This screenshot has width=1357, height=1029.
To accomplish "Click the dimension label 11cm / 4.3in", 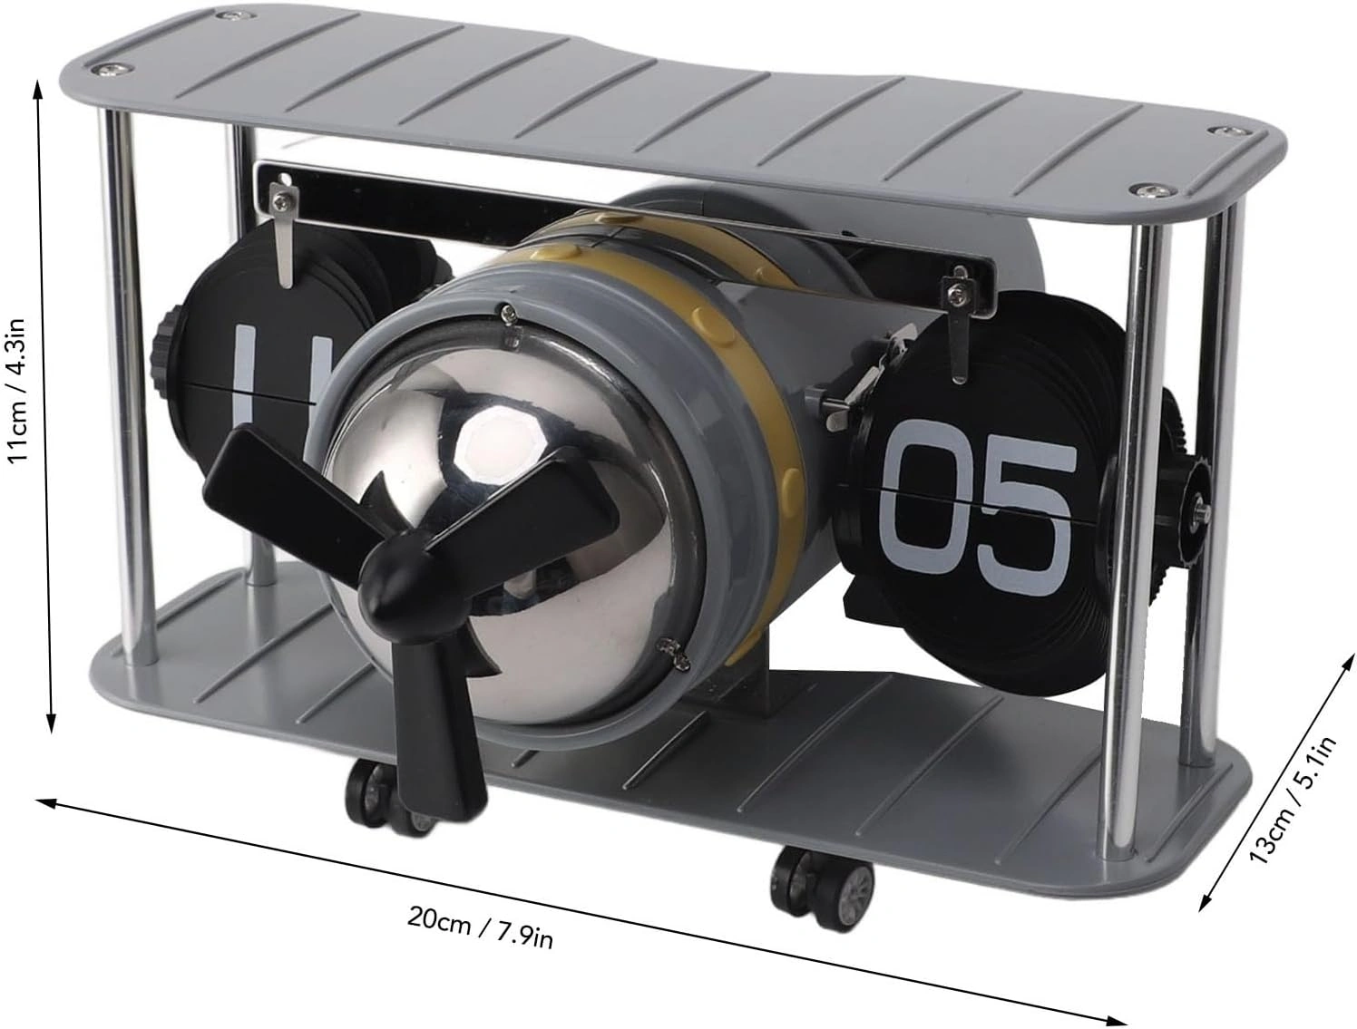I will tap(20, 392).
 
